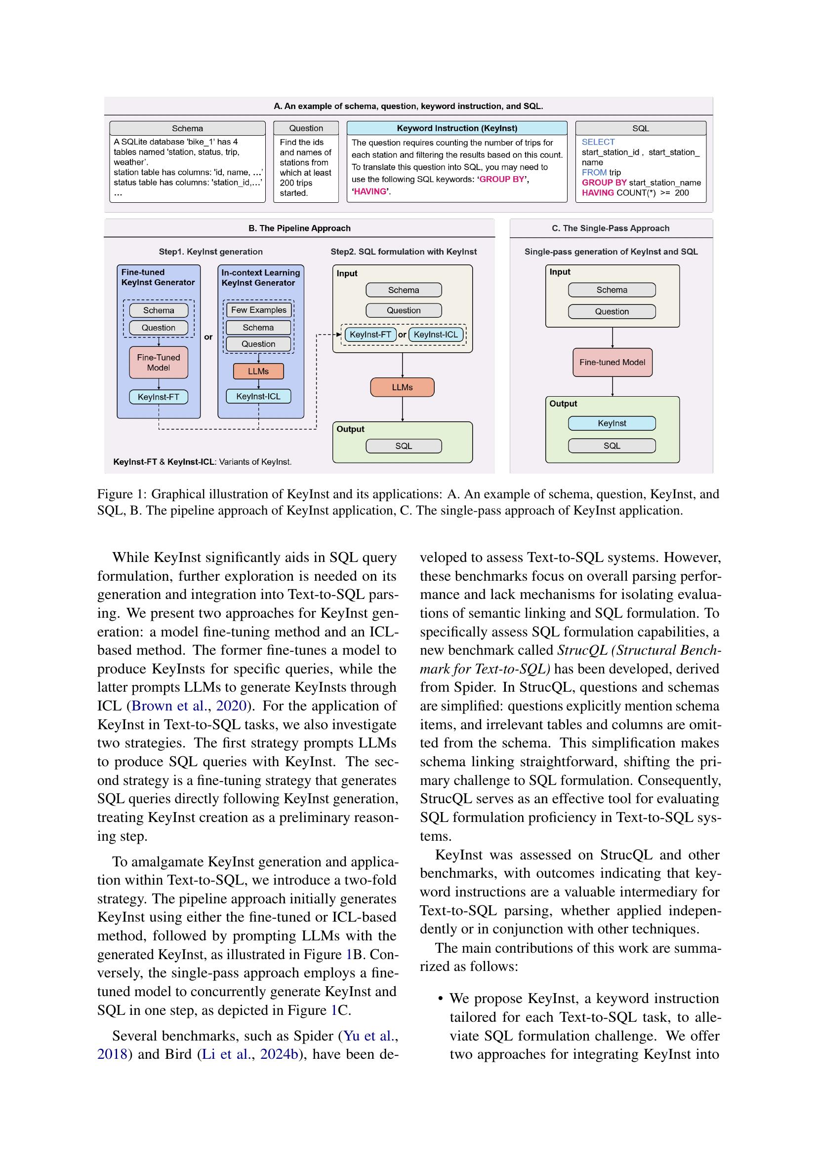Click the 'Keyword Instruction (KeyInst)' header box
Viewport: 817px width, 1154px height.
456,128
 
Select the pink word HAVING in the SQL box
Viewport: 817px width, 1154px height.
597,193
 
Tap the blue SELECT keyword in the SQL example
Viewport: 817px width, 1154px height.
598,142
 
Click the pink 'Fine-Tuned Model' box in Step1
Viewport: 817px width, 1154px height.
159,363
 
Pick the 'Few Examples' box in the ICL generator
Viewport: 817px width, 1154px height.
258,310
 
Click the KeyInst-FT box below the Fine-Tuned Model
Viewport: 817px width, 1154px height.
159,397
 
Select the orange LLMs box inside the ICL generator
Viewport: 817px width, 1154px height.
258,372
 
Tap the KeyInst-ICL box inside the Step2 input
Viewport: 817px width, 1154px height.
436,335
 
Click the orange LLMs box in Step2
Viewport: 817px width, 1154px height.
402,387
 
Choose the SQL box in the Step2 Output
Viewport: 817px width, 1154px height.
404,446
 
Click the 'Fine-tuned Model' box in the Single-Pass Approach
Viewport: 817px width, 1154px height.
612,363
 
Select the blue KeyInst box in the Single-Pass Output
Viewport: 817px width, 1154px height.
612,423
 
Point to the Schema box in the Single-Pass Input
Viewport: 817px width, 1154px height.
612,290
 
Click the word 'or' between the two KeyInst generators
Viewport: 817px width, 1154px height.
208,337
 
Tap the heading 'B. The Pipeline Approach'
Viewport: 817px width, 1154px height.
299,228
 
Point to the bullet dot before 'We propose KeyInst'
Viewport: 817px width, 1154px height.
441,999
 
